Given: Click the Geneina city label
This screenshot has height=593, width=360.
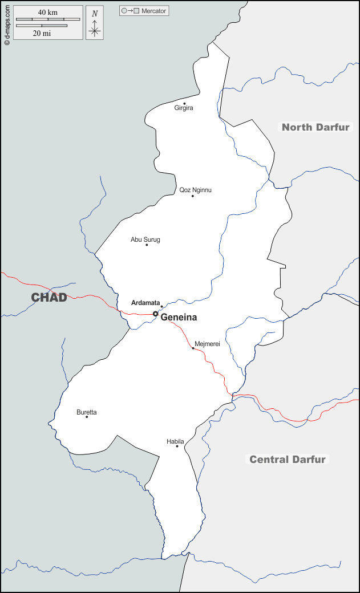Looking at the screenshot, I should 179,318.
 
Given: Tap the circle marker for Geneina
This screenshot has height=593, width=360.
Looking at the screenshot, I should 155,314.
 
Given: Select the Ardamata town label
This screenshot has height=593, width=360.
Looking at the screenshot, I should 145,303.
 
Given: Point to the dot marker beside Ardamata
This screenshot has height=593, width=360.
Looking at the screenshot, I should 161,307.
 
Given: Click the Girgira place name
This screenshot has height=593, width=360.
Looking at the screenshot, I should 184,108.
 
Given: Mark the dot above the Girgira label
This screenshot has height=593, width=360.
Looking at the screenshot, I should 184,103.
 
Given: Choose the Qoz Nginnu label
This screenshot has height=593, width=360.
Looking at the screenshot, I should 195,190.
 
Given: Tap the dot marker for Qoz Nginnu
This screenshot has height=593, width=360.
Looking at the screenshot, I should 193,196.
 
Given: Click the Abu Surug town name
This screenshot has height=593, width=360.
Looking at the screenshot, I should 145,239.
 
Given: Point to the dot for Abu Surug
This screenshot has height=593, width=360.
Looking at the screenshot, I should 147,245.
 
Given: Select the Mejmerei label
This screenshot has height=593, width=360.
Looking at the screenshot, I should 207,344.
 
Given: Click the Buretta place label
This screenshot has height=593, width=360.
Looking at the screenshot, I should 87,412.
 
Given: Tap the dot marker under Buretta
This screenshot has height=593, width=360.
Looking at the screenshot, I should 87,417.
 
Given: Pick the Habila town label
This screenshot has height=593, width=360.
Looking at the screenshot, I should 175,441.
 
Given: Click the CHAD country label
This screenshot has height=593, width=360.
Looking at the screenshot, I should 49,297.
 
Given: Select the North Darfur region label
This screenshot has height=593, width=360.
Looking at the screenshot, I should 315,127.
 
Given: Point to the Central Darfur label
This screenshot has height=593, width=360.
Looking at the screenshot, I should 288,460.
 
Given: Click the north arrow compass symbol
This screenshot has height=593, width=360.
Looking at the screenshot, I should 95,24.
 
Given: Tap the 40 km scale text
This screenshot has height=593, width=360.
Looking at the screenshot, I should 48,13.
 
